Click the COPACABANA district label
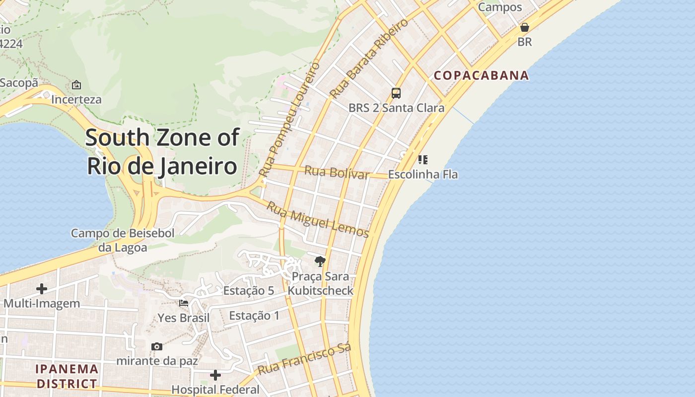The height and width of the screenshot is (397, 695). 481,75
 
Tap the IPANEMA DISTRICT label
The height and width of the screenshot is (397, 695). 67,376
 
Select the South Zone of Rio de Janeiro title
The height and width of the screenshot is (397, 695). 162,152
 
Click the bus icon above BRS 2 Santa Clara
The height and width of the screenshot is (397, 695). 396,93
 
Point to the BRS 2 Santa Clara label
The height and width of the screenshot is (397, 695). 396,108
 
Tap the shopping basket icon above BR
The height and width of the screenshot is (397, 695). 524,27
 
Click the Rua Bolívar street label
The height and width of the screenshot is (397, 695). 337,173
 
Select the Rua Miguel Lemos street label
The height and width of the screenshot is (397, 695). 318,220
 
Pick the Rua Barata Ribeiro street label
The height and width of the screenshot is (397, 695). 368,58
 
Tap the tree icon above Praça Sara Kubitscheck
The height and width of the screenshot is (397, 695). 320,261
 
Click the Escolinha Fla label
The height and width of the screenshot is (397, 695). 422,175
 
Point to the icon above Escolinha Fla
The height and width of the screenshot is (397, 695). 422,159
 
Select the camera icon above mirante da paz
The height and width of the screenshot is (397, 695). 157,346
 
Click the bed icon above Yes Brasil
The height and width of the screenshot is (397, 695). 184,303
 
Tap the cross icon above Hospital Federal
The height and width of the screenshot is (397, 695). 215,375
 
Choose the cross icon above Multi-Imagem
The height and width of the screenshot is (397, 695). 42,288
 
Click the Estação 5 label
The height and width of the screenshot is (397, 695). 248,291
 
